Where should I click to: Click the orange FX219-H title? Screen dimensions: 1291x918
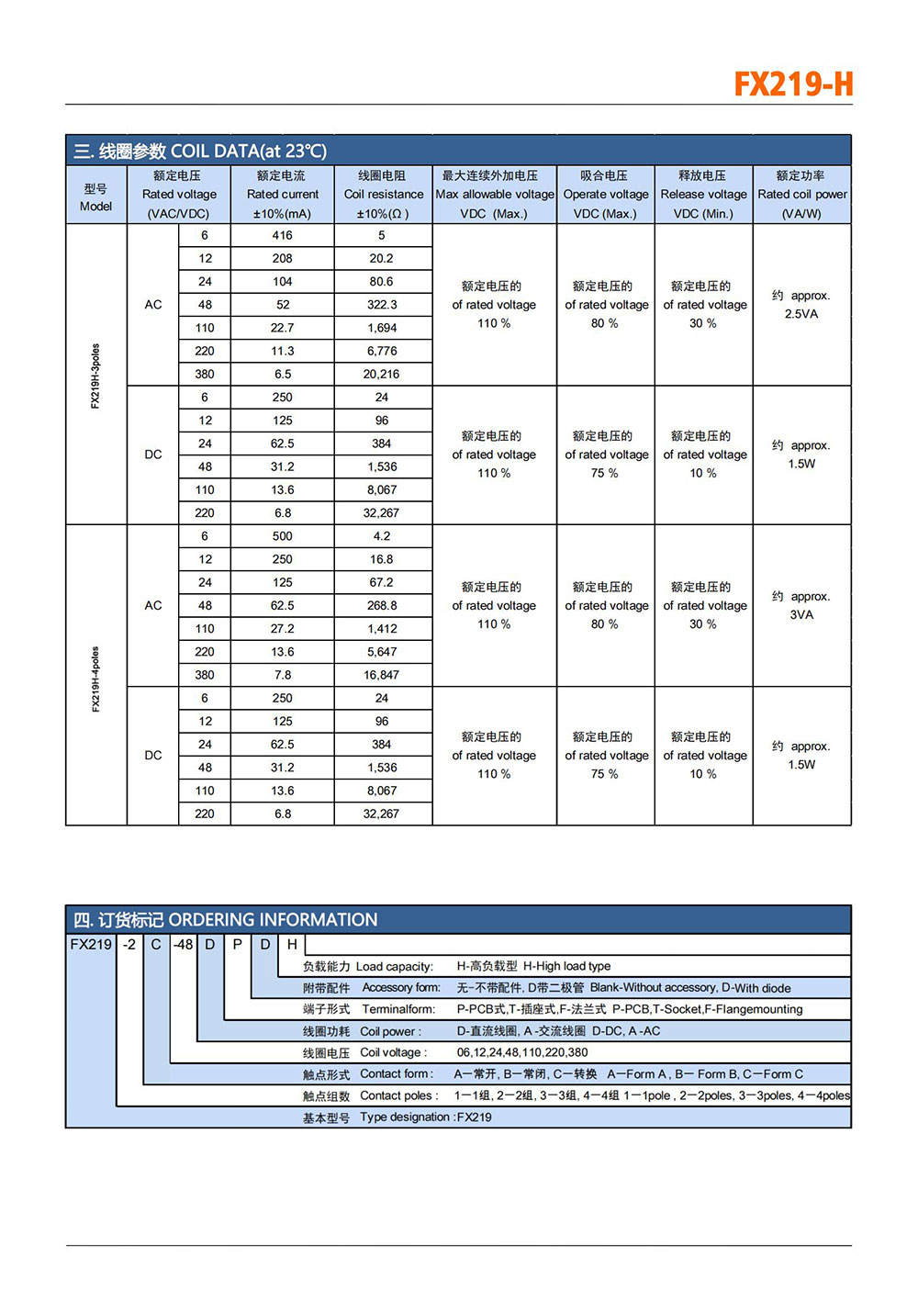tap(793, 84)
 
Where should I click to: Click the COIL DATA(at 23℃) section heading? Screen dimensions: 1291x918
tap(200, 151)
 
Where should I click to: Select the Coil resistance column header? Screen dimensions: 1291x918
tap(383, 195)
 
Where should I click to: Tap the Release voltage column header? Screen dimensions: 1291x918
tap(703, 195)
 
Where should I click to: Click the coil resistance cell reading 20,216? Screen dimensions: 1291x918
tap(382, 375)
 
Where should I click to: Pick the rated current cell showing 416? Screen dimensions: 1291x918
tap(283, 236)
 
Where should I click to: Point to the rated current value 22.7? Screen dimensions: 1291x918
tap(283, 328)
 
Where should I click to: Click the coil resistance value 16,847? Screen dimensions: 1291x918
tap(382, 675)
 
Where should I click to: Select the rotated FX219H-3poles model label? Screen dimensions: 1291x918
tap(95, 376)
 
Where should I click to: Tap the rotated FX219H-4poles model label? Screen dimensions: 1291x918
tap(95, 679)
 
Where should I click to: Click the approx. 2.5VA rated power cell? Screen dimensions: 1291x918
tap(801, 305)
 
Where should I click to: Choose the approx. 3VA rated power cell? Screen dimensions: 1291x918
tap(801, 606)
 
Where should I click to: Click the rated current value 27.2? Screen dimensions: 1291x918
tap(283, 629)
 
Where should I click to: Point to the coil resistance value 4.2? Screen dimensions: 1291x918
tap(382, 536)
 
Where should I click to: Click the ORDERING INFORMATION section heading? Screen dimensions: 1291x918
tap(226, 920)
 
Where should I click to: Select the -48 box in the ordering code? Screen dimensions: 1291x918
tap(184, 945)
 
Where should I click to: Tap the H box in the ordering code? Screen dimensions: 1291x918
tap(292, 945)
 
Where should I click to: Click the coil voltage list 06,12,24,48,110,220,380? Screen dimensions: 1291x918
tap(522, 1053)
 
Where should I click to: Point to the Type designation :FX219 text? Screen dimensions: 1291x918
tap(425, 1117)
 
